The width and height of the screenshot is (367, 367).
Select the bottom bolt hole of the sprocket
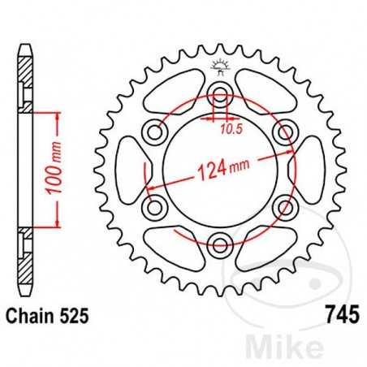tap(218, 240)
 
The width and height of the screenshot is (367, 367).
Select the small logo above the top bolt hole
tap(218, 65)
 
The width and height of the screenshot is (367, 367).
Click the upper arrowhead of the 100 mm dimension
tap(58, 115)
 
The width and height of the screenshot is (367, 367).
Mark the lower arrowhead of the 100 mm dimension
tap(58, 222)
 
